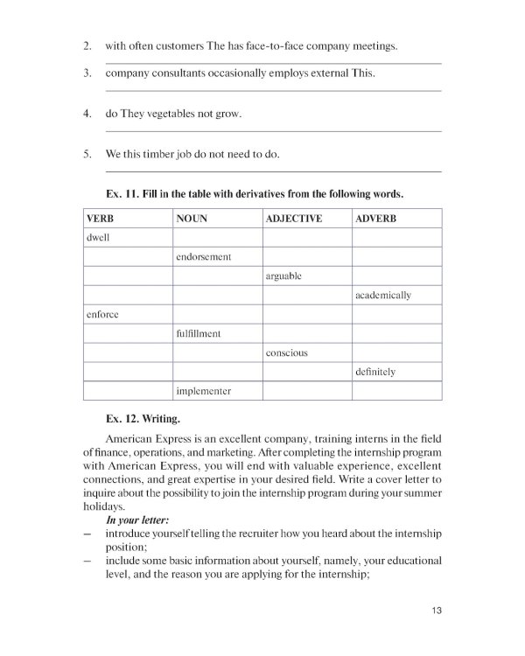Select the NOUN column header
[192, 218]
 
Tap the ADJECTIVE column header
[294, 218]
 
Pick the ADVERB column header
[377, 218]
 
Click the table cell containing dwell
[98, 237]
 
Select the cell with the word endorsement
[203, 256]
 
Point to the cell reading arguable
[283, 276]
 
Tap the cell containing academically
[383, 295]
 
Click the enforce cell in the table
[101, 314]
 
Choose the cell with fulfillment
[198, 333]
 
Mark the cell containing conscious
[286, 352]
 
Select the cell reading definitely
[376, 372]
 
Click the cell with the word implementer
[203, 391]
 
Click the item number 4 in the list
[87, 115]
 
